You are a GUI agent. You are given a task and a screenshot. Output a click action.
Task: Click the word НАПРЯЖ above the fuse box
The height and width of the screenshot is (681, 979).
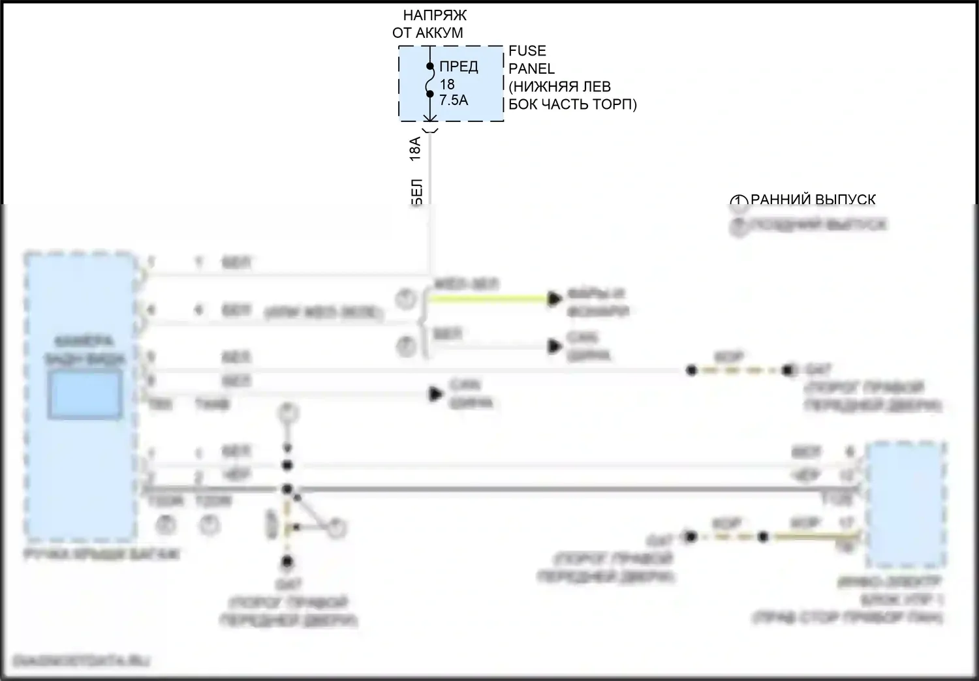(x=435, y=15)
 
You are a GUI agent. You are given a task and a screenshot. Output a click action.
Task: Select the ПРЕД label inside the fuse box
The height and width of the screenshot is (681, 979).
(x=458, y=66)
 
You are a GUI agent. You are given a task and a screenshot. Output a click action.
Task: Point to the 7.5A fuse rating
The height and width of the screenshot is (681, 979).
(x=454, y=100)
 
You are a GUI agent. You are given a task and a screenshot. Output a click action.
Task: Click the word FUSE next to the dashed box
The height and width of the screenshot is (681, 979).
(x=527, y=51)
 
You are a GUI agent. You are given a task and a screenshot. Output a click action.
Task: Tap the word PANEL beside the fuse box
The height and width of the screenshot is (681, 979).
(x=531, y=68)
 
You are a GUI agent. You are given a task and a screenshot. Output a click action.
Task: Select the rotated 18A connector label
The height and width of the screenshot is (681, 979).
(x=415, y=149)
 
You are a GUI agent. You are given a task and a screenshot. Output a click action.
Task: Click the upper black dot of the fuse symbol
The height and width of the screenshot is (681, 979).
(x=430, y=66)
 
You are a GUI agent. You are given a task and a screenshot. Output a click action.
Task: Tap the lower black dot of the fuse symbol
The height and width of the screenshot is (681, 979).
(x=430, y=94)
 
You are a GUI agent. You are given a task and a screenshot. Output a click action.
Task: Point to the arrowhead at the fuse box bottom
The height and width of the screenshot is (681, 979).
(x=430, y=119)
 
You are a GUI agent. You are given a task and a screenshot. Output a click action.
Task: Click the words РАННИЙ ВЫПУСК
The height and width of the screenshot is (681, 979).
(x=813, y=200)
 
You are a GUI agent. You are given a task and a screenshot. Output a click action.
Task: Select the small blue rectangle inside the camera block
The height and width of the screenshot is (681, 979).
(x=85, y=394)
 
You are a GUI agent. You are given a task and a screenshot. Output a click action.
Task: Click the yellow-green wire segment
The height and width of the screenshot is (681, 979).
(x=489, y=299)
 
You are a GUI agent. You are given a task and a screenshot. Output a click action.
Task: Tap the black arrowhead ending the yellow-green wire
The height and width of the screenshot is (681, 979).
(x=555, y=299)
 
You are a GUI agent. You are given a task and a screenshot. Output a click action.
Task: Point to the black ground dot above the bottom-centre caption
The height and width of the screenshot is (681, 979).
(x=287, y=562)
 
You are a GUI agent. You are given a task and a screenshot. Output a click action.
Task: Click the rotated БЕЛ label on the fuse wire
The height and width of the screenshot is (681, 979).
(x=417, y=193)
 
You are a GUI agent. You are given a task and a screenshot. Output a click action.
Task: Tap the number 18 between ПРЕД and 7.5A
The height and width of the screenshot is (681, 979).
(x=447, y=84)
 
